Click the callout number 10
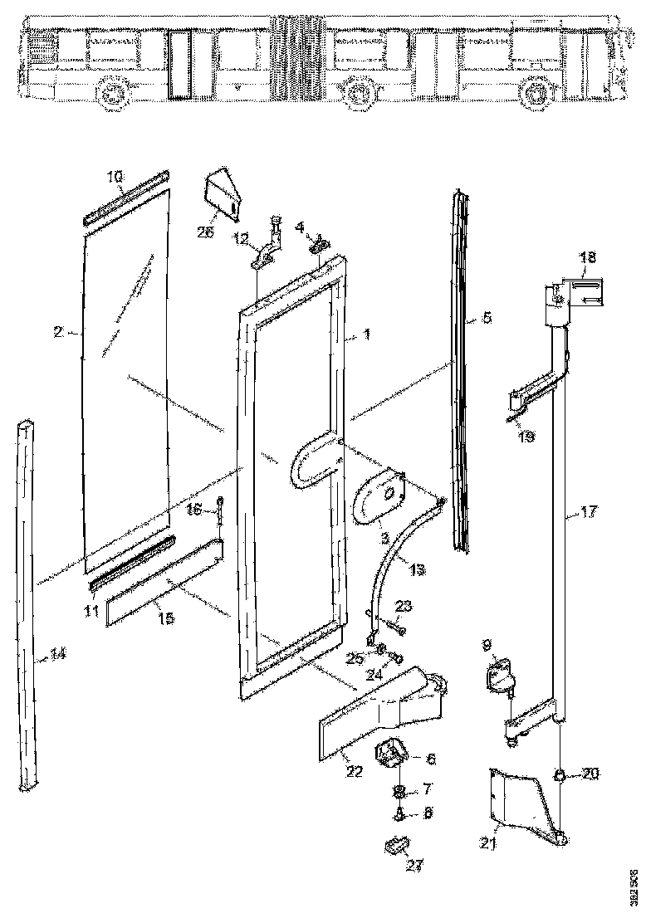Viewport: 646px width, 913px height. (115, 176)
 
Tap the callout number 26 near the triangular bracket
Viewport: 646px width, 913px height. (206, 232)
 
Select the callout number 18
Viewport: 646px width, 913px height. (587, 258)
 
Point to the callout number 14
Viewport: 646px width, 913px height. (56, 654)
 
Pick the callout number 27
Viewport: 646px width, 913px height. (414, 866)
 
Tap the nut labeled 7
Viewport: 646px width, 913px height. (399, 788)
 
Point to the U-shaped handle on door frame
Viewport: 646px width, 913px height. (306, 463)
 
